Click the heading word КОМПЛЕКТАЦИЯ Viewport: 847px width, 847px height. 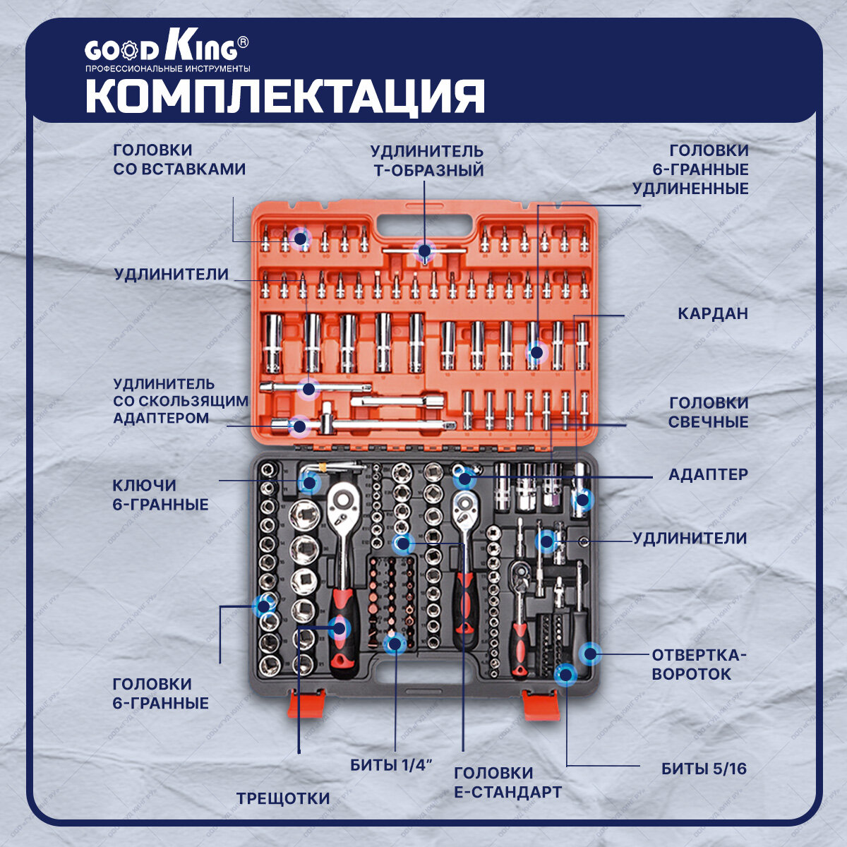coord(285,96)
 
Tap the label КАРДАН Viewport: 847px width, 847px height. coord(712,313)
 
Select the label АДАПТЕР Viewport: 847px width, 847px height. coord(707,474)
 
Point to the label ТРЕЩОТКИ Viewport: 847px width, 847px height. coord(283,798)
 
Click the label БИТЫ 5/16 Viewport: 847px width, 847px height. coord(704,769)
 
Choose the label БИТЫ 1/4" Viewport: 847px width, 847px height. coord(390,765)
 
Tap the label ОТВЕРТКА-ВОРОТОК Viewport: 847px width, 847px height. coord(698,663)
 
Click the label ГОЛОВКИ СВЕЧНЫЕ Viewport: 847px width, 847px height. coord(708,412)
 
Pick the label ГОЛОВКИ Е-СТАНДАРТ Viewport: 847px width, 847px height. coord(507,782)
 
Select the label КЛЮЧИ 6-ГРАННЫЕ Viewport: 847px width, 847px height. coord(160,495)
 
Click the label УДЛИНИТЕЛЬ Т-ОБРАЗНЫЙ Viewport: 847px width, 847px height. coord(427,160)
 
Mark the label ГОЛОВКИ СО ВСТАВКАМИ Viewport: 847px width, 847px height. coord(179,160)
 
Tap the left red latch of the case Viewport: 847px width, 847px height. coord(306,704)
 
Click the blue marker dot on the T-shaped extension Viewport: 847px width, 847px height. coord(424,251)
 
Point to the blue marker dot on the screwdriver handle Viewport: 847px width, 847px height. coord(589,654)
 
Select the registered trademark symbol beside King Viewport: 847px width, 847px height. coord(242,42)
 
